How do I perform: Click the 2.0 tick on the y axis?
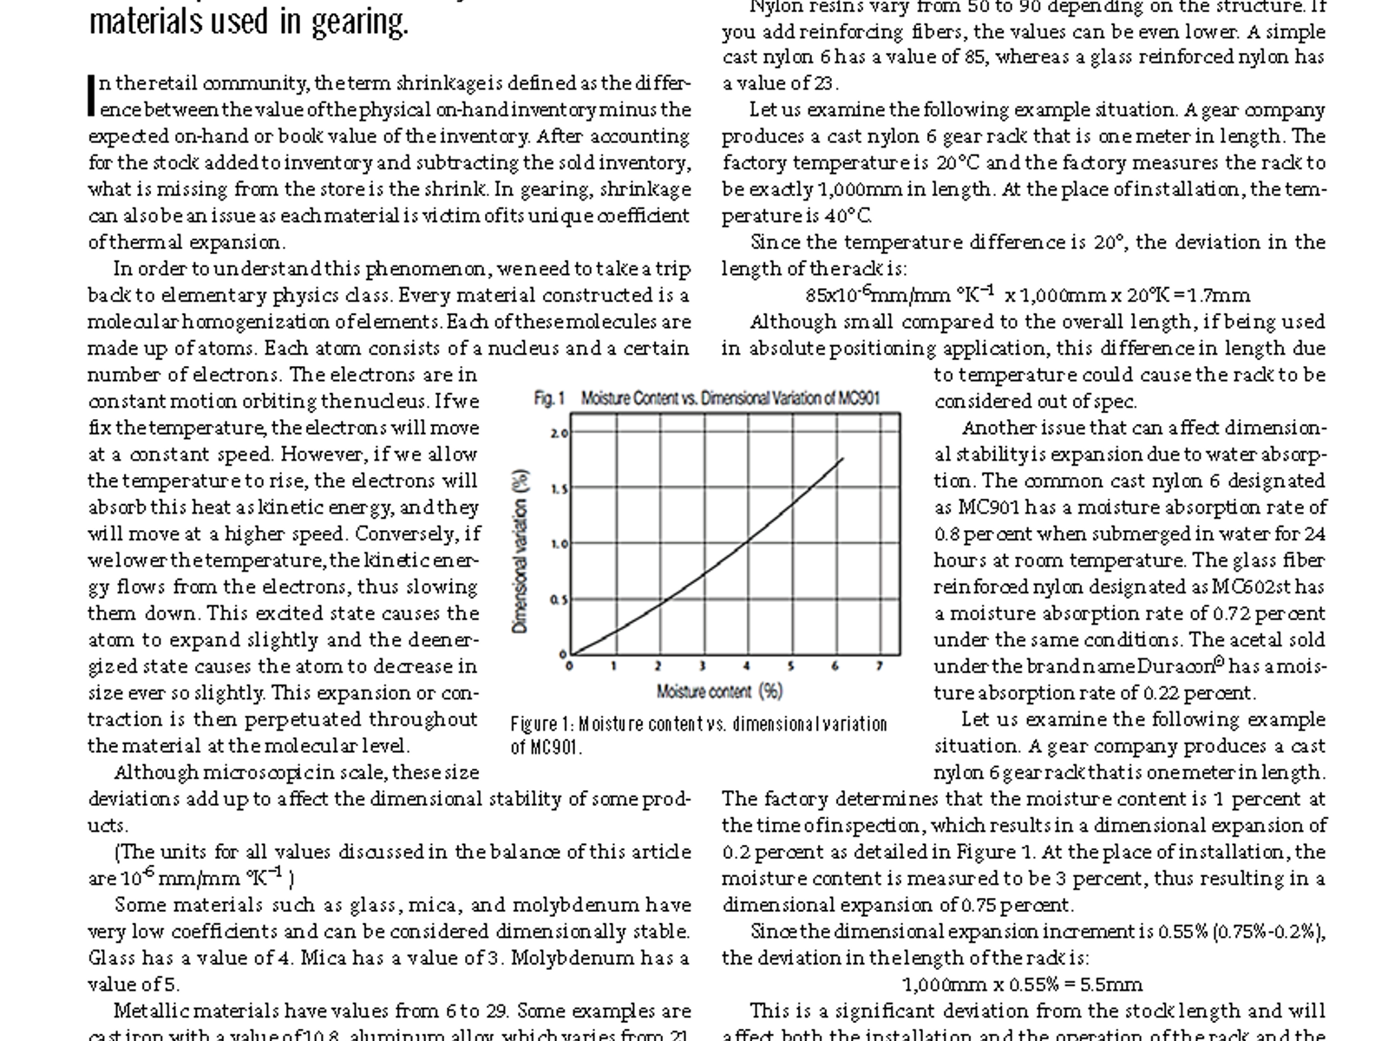click(560, 433)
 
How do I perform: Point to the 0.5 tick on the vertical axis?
click(560, 599)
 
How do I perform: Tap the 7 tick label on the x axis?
click(879, 666)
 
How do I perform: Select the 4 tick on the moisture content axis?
click(747, 666)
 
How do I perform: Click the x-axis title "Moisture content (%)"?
click(719, 691)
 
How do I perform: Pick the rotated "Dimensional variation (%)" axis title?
click(520, 551)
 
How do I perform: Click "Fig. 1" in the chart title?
click(549, 398)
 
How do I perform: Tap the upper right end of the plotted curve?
click(842, 459)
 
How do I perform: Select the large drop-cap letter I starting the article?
click(92, 95)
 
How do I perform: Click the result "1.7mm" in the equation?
click(1224, 295)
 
